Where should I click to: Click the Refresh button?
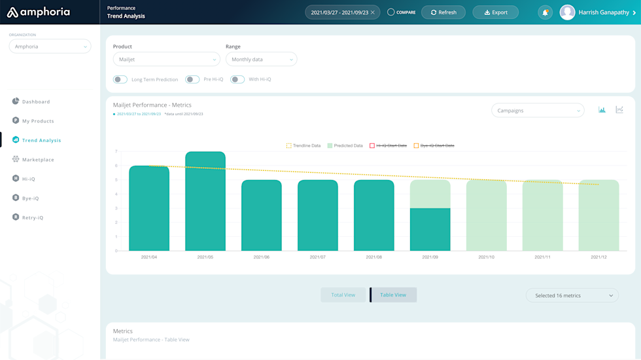point(443,12)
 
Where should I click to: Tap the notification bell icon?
point(545,12)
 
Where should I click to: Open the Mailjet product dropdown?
point(166,60)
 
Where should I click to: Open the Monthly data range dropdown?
point(261,60)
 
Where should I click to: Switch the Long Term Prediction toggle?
point(120,80)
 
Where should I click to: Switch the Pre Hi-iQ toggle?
point(192,80)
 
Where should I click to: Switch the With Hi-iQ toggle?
point(237,80)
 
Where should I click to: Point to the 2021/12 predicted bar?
point(598,215)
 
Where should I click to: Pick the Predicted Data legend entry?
point(347,146)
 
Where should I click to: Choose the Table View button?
point(393,295)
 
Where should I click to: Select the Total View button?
point(343,295)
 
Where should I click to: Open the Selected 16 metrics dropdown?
point(572,296)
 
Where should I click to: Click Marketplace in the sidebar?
point(38,160)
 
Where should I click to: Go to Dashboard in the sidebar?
point(36,102)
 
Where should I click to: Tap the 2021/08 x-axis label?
point(373,257)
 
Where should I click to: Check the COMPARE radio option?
point(391,12)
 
